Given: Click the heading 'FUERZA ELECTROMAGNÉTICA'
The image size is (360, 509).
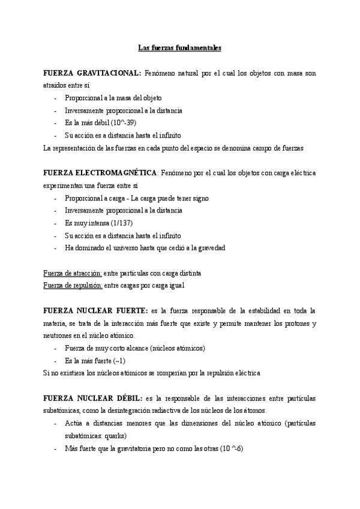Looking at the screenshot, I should pyautogui.click(x=100, y=173).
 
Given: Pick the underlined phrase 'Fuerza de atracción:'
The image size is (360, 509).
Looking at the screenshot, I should pyautogui.click(x=73, y=273).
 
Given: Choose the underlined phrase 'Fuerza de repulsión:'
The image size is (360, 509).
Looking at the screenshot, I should pyautogui.click(x=73, y=286).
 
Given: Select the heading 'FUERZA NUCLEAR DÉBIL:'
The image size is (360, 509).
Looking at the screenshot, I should pyautogui.click(x=93, y=398).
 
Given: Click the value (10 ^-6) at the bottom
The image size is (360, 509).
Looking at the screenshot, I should pyautogui.click(x=229, y=448).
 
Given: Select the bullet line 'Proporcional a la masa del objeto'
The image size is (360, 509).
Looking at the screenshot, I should pyautogui.click(x=113, y=97).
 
